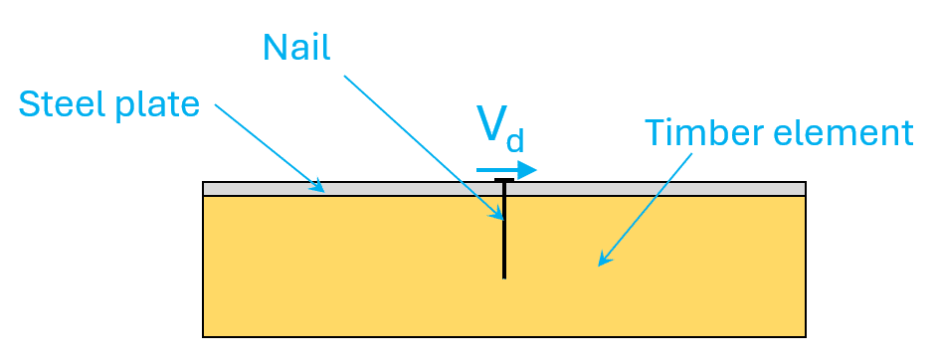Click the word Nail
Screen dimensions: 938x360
click(x=296, y=47)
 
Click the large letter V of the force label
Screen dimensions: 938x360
click(x=490, y=123)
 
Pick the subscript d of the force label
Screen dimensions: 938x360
click(x=514, y=140)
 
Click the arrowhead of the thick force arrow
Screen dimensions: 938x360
click(x=526, y=170)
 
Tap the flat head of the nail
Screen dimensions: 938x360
click(x=504, y=180)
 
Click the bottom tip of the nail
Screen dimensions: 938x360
click(x=504, y=278)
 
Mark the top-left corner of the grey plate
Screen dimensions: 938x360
click(x=203, y=182)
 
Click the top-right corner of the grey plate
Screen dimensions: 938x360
click(x=806, y=182)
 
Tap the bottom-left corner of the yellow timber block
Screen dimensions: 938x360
click(x=203, y=337)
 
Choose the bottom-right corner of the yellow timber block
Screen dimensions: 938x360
click(x=806, y=337)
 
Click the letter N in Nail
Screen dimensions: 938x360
click(x=276, y=48)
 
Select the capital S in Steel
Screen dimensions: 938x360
click(x=28, y=104)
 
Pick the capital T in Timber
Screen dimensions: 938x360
click(x=656, y=132)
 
